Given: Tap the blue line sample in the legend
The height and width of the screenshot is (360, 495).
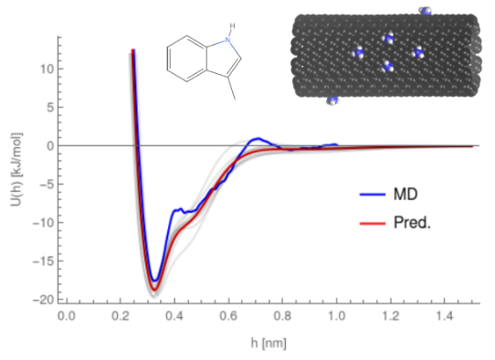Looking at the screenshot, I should coord(370,195).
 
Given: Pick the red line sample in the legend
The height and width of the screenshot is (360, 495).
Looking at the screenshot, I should coord(370,222).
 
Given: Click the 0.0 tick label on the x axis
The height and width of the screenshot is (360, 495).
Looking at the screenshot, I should coord(65,316).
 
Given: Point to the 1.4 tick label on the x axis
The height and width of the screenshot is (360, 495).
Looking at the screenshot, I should coord(446,316).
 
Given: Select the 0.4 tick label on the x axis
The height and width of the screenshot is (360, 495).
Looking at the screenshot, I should coord(174,316).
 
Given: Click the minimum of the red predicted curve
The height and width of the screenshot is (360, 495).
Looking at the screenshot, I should coord(155,290).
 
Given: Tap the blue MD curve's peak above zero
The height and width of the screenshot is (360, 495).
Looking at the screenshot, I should coord(259,139).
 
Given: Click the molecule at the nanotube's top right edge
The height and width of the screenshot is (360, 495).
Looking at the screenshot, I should coord(425,10).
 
